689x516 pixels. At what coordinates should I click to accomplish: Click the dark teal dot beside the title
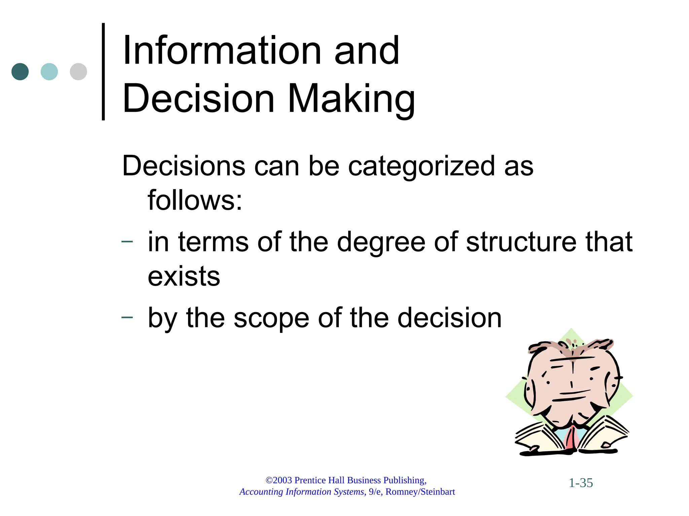point(20,72)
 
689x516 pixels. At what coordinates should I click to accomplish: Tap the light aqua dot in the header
point(49,72)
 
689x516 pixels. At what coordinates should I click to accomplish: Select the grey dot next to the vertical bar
point(78,72)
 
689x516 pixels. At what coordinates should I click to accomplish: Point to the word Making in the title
point(352,99)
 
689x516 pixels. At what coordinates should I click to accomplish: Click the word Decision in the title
point(198,99)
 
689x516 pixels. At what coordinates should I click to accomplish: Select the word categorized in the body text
point(421,166)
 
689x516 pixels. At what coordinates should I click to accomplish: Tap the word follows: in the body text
point(195,200)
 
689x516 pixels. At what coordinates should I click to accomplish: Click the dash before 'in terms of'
point(127,242)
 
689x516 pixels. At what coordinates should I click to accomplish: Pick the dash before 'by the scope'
point(127,317)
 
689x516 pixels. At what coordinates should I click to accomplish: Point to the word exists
point(184,276)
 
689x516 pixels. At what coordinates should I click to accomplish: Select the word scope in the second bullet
point(271,318)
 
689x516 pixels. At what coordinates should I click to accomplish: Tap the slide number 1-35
point(581,483)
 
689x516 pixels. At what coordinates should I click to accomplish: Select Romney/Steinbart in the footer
point(420,492)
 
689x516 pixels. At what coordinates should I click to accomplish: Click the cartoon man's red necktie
point(571,438)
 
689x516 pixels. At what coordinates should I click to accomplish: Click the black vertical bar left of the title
point(103,72)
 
